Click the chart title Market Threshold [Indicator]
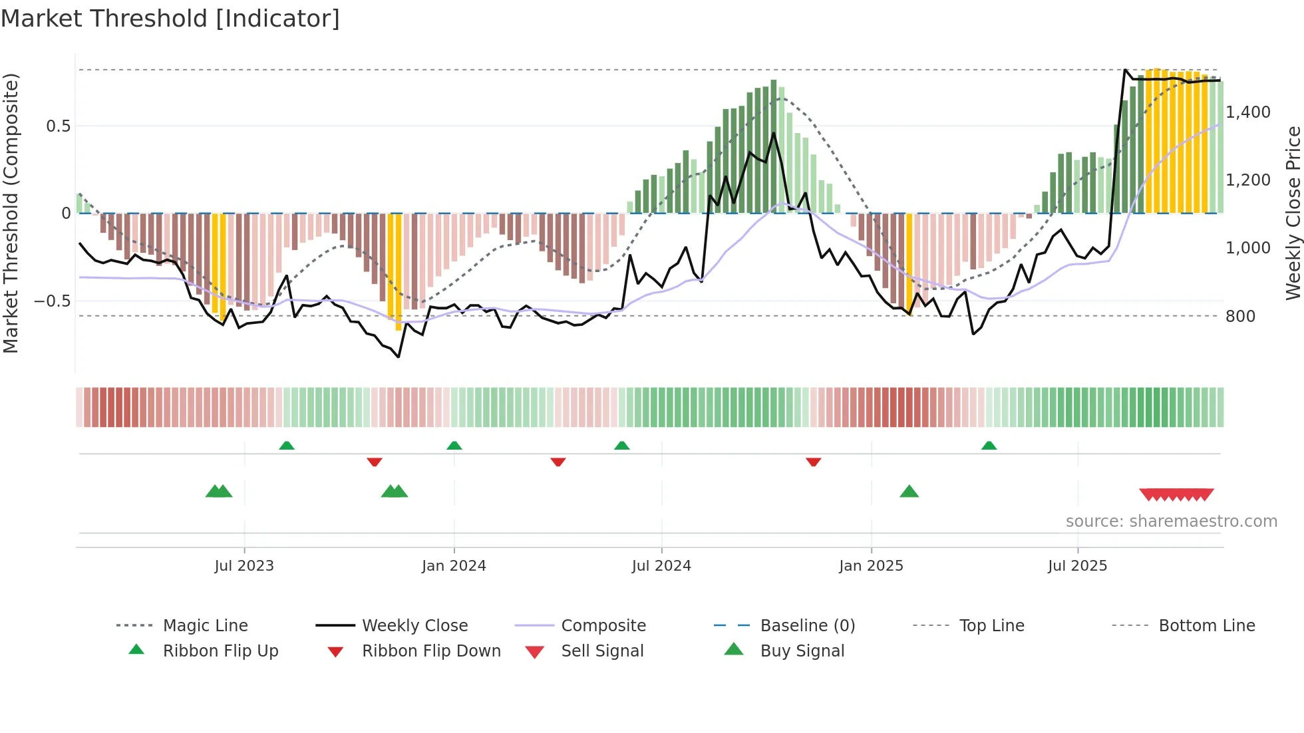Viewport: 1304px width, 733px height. [x=170, y=19]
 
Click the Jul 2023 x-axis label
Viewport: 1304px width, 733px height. [x=244, y=565]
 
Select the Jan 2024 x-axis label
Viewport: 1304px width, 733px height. [x=454, y=565]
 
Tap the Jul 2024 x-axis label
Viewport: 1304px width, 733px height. [x=661, y=565]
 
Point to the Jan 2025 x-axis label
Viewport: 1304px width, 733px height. [x=871, y=565]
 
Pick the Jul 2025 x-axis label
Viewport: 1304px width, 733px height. [x=1077, y=565]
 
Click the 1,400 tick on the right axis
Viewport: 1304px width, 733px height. [x=1248, y=112]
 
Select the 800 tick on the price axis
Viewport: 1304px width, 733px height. [x=1240, y=316]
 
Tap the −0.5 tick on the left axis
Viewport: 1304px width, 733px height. [x=53, y=301]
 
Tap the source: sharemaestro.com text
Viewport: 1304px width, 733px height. [x=1171, y=521]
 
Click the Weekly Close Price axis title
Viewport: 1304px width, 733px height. [x=1293, y=213]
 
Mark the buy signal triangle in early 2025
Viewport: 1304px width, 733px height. [x=909, y=492]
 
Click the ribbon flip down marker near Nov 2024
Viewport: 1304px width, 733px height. [x=813, y=461]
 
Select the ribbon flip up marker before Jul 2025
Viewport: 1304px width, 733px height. [x=989, y=445]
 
